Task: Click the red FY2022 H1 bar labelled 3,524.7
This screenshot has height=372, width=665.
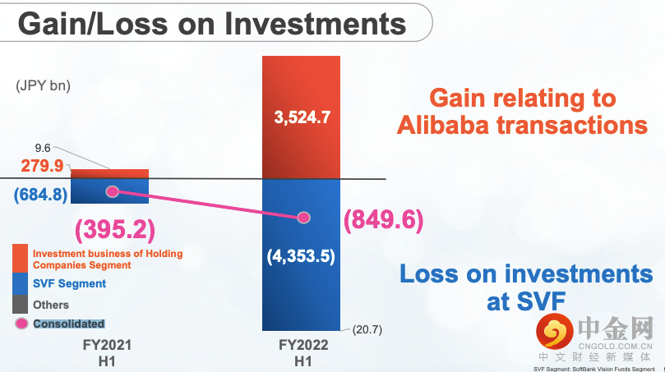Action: tap(301, 117)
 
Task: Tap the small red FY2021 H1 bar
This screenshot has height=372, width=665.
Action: tap(109, 174)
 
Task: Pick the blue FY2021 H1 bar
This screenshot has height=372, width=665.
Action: tap(109, 191)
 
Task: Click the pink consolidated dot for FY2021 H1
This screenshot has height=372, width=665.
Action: tap(113, 191)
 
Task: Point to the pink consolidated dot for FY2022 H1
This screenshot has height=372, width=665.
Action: tap(303, 218)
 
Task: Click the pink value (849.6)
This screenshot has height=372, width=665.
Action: tap(383, 220)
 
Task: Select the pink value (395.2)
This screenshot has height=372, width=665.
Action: tap(115, 230)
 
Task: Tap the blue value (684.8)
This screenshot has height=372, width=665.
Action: tap(41, 195)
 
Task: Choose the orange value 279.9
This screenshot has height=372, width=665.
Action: tap(43, 166)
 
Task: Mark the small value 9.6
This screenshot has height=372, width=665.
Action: tap(43, 148)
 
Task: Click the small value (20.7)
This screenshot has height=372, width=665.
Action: tap(367, 329)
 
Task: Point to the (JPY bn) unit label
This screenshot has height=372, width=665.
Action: tap(44, 85)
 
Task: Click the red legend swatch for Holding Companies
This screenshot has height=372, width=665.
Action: tap(20, 258)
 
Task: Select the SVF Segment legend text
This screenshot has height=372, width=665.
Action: tap(70, 283)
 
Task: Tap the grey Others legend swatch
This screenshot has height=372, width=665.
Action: tap(20, 304)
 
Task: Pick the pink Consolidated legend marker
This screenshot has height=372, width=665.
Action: tap(21, 324)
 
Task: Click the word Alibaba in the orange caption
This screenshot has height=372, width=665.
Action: tap(443, 126)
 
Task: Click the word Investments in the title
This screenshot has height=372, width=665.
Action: tap(315, 24)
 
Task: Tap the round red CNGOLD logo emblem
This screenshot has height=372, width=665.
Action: tap(555, 331)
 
